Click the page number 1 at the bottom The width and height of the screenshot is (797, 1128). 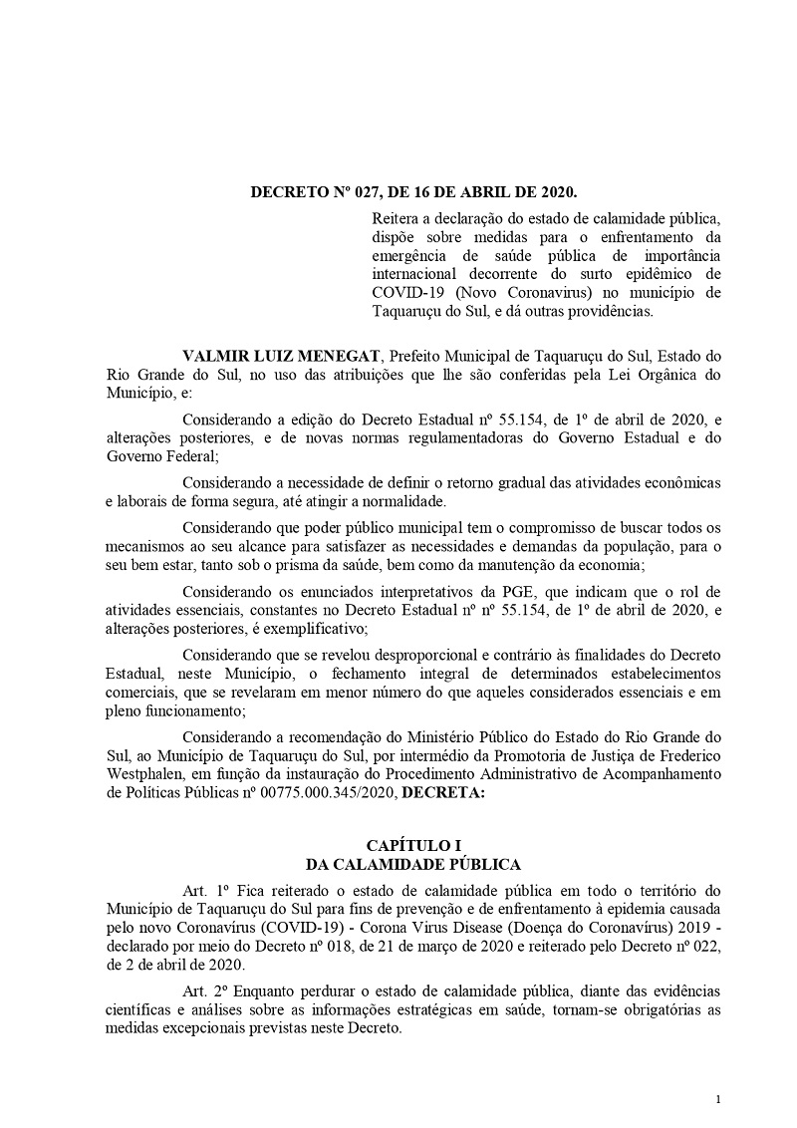(717, 1099)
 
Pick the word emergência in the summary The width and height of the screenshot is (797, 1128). (410, 255)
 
